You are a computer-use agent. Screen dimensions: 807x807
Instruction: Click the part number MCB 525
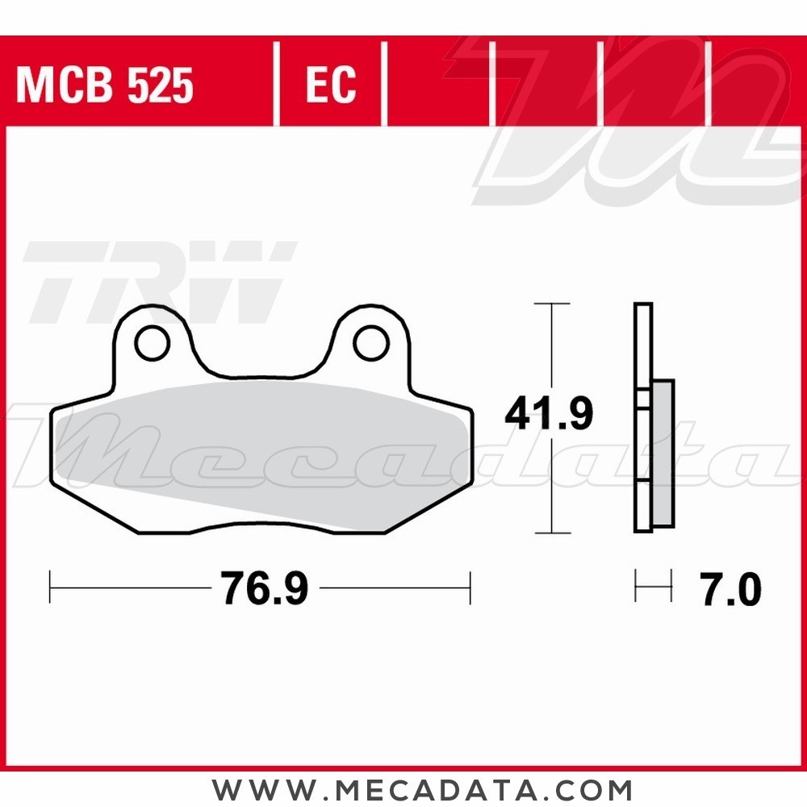[x=105, y=85]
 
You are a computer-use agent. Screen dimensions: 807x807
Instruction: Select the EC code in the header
[x=330, y=85]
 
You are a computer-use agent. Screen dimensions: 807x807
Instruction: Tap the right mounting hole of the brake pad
[x=370, y=343]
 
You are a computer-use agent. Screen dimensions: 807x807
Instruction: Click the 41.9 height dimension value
[x=549, y=414]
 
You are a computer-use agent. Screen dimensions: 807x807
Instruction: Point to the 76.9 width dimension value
[x=266, y=589]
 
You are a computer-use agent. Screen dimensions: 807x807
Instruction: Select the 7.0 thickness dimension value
[x=726, y=590]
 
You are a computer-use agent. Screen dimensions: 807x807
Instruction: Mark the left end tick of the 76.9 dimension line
[x=51, y=587]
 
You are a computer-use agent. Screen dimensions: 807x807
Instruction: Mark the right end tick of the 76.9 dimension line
[x=470, y=587]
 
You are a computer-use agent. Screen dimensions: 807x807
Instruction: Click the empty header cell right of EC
[x=438, y=85]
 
